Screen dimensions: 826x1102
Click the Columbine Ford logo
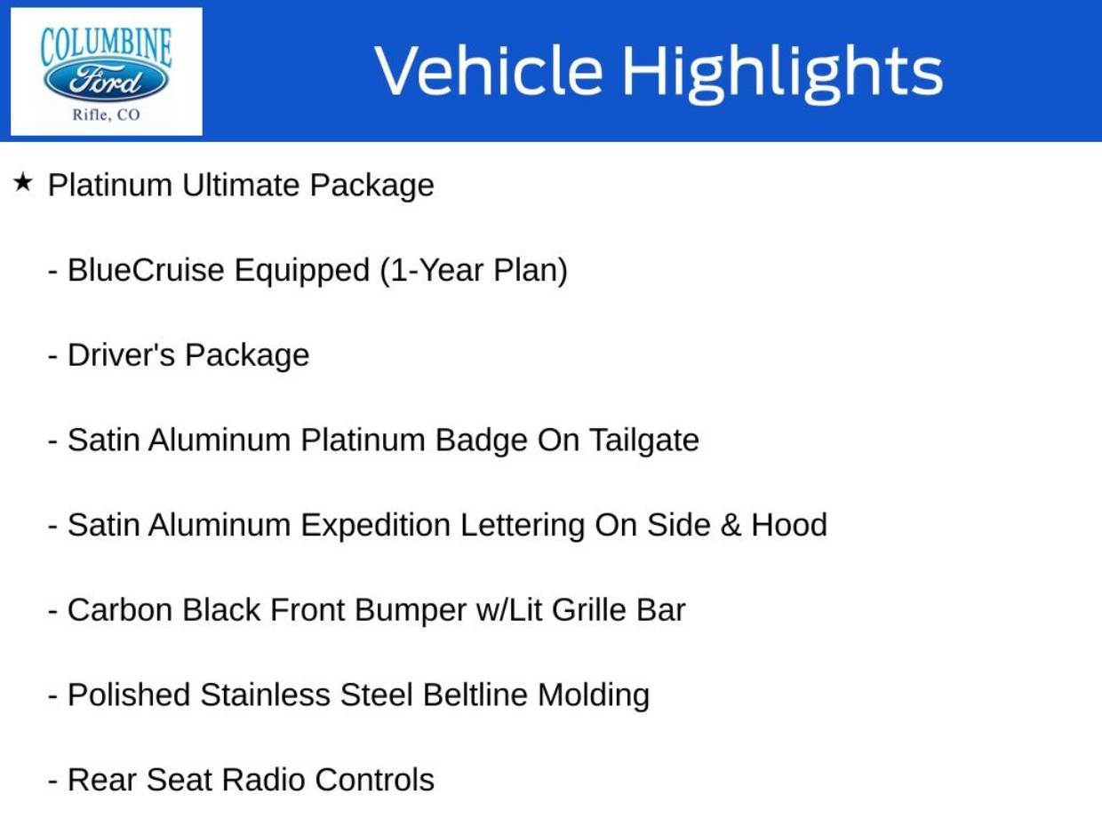point(106,71)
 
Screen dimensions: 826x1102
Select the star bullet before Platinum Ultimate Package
point(23,184)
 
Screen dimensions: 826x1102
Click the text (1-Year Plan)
point(473,270)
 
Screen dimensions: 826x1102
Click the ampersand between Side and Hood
point(731,525)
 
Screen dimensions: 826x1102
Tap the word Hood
point(789,525)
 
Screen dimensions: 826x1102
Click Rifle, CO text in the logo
point(106,115)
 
